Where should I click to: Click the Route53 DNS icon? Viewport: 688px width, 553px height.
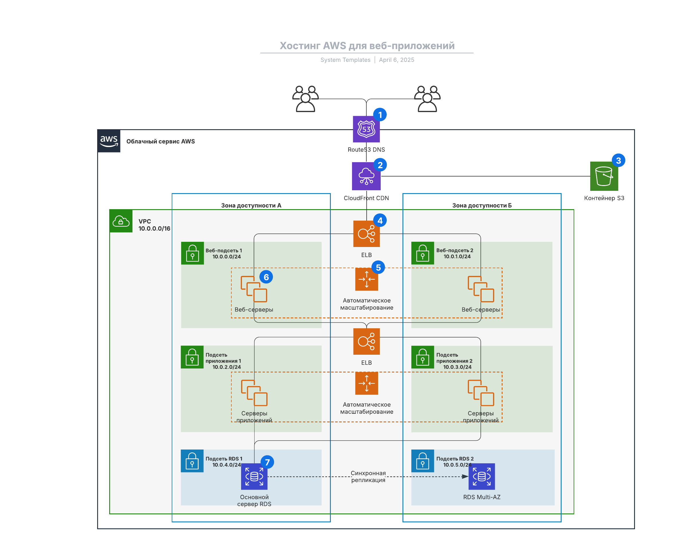(366, 129)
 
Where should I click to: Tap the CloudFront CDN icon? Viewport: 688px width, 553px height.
(366, 176)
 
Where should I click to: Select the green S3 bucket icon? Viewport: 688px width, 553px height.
(604, 176)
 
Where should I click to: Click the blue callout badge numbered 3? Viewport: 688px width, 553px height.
(618, 160)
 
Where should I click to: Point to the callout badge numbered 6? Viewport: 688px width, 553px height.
(266, 277)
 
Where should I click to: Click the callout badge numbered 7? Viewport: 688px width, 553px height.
(267, 462)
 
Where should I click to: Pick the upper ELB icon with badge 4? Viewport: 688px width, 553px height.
(366, 234)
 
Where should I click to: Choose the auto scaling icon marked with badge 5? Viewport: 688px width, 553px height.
(366, 279)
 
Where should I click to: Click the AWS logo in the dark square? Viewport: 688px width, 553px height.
(109, 141)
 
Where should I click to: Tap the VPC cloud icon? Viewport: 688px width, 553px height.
(121, 221)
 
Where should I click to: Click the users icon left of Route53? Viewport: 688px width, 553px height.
(305, 99)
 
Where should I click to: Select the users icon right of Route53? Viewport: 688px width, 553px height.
(427, 99)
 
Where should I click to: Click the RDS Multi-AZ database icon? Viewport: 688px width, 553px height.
(482, 476)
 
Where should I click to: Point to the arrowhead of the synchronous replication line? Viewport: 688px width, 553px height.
(465, 476)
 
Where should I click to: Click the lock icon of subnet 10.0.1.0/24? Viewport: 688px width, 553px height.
(423, 253)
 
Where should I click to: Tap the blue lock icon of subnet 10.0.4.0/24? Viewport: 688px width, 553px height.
(192, 461)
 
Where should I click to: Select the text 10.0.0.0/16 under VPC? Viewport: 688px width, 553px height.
(154, 229)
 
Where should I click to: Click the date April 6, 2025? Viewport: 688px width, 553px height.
(396, 60)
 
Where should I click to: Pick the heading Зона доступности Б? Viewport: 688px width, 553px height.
(482, 205)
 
